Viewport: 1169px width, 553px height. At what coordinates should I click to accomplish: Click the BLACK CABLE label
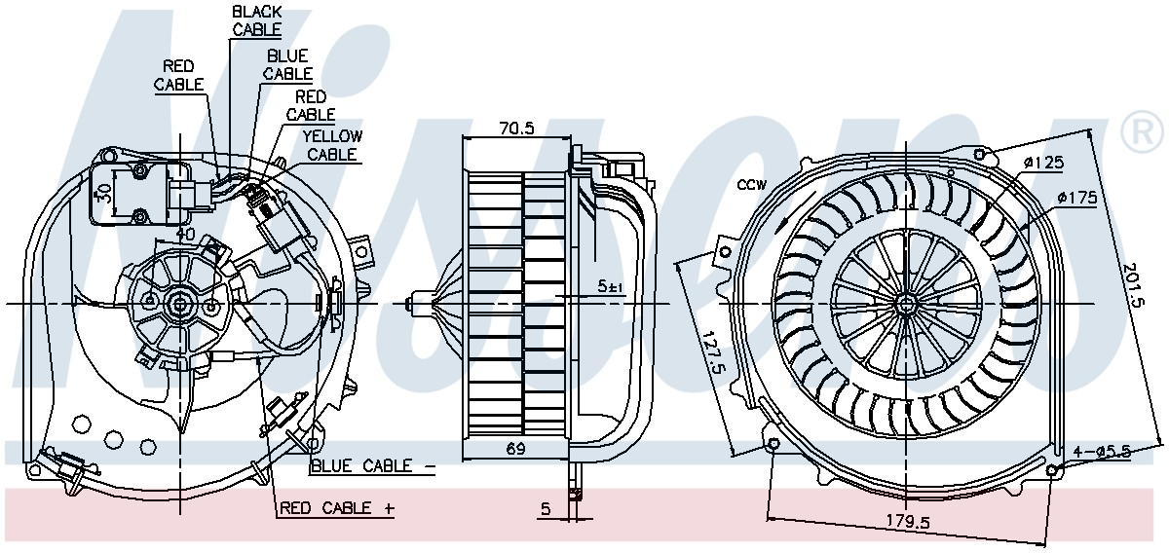click(x=257, y=20)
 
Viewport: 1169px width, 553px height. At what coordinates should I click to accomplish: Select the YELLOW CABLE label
click(x=332, y=145)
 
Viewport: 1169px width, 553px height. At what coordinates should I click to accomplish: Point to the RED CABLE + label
click(x=337, y=507)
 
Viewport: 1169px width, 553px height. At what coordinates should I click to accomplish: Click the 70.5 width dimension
click(x=517, y=129)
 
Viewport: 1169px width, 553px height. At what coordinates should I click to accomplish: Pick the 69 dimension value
click(x=515, y=449)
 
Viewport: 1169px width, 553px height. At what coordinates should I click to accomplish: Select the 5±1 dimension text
click(x=611, y=286)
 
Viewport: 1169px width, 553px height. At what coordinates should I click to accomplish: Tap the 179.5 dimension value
click(x=909, y=522)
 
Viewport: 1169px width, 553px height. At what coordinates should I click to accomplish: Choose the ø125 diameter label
click(x=1042, y=164)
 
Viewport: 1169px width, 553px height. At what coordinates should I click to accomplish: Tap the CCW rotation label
click(x=752, y=185)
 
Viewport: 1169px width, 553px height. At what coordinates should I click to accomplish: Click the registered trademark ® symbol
click(x=1142, y=132)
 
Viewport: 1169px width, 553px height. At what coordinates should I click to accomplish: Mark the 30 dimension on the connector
click(x=104, y=197)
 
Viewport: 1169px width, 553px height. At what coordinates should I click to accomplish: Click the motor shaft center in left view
click(x=180, y=304)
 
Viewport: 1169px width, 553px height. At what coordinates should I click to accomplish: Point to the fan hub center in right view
click(x=905, y=303)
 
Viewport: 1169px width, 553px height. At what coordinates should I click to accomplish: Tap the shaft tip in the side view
click(x=412, y=304)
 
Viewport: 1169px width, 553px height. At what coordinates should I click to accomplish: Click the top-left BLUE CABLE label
click(x=287, y=64)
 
